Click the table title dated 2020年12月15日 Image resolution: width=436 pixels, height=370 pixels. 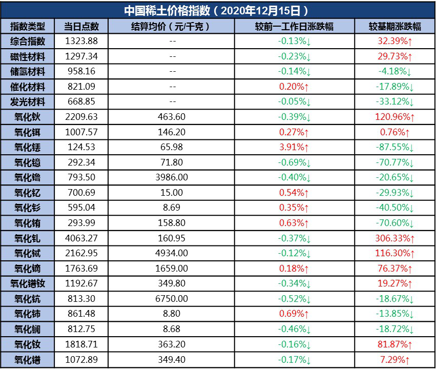218,10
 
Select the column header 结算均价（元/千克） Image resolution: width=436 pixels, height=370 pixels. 171,26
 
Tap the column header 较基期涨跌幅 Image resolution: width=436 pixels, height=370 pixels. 395,26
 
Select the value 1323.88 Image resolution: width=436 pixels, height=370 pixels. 81,41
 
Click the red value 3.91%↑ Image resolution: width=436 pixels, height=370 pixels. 294,148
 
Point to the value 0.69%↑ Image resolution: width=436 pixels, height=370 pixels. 294,314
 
